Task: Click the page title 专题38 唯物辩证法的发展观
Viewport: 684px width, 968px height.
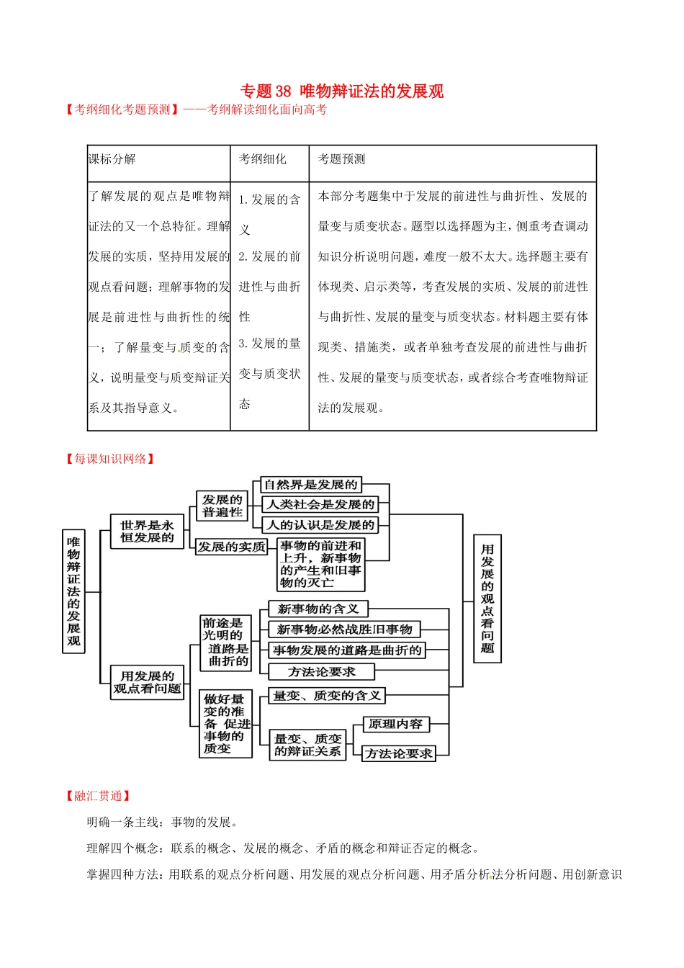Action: tap(341, 91)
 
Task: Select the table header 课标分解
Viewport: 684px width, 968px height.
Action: tap(112, 159)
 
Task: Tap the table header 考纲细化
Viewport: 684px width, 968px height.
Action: tap(262, 159)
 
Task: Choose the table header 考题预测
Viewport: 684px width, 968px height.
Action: tap(341, 159)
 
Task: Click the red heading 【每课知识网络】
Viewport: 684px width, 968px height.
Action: tap(110, 459)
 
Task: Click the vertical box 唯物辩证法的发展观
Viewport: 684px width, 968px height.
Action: tap(73, 591)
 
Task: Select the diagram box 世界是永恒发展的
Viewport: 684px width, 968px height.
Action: tap(147, 532)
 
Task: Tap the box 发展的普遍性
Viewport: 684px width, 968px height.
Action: tap(222, 506)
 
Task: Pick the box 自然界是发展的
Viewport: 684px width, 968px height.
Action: tap(310, 485)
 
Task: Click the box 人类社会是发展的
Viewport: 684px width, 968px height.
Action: tap(320, 505)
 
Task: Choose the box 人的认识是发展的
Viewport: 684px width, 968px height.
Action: tap(320, 525)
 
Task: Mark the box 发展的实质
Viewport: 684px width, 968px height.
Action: tap(231, 547)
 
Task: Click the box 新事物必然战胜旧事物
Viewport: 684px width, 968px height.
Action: tap(344, 629)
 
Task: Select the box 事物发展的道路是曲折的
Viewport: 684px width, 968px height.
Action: tap(347, 650)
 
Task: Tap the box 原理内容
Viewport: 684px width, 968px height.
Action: tap(395, 724)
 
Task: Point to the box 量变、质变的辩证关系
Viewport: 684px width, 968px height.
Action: tap(307, 745)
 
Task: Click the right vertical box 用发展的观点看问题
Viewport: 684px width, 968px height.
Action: tap(487, 599)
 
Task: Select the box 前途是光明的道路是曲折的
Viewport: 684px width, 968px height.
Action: tap(225, 642)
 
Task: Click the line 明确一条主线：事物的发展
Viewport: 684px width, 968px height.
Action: tap(163, 822)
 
